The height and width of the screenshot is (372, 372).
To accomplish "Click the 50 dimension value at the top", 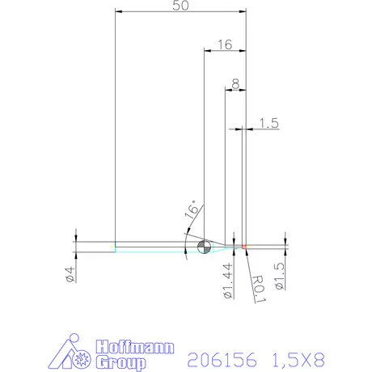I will pyautogui.click(x=181, y=6).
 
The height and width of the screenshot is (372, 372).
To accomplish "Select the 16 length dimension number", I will pyautogui.click(x=224, y=45).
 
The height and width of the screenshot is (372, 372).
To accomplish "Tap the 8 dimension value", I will pyautogui.click(x=234, y=83).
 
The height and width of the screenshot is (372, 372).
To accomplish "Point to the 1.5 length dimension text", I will pyautogui.click(x=269, y=123).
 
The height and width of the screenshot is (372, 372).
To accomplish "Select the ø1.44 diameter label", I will pyautogui.click(x=227, y=280).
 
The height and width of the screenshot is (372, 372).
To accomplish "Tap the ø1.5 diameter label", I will pyautogui.click(x=279, y=277).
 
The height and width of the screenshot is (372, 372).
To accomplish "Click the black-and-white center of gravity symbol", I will pyautogui.click(x=202, y=246).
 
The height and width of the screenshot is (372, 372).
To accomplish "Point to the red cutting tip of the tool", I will pyautogui.click(x=243, y=246).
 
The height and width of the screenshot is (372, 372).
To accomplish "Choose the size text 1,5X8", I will pyautogui.click(x=300, y=358).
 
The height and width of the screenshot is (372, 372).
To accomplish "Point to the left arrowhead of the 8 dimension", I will pyautogui.click(x=227, y=91).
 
